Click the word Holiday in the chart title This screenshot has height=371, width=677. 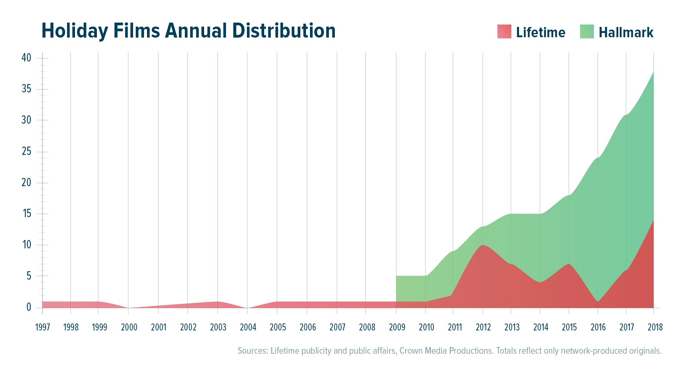coord(75,31)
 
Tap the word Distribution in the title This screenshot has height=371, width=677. coord(284,31)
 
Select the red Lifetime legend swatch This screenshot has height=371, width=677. coord(504,32)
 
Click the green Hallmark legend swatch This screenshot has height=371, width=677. coord(587,32)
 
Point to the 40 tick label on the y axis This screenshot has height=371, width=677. coord(26,58)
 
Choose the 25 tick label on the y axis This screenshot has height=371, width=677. coord(26,152)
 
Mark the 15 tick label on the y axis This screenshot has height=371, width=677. coord(27,214)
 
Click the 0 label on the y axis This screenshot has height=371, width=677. coord(29,307)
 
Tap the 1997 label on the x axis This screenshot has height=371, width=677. coord(42,327)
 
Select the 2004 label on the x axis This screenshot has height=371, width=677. coord(248,327)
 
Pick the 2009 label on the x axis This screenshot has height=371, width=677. coord(397,327)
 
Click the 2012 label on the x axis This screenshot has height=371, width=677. coord(483,327)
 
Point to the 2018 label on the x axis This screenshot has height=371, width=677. coord(655,327)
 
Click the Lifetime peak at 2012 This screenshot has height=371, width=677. coord(483,245)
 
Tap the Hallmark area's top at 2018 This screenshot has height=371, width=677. coord(653,72)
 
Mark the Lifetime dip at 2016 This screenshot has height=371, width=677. coord(598,301)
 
